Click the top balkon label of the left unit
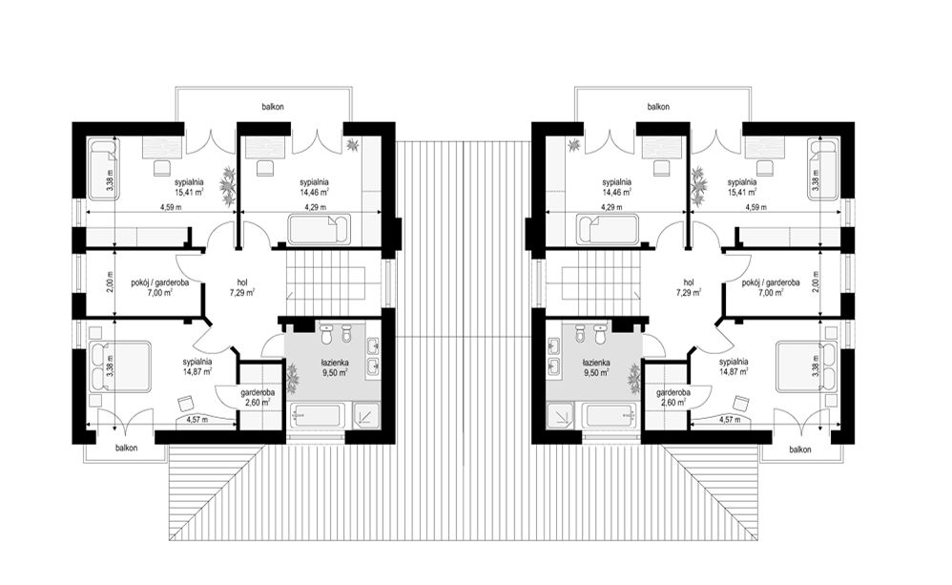tap(273, 106)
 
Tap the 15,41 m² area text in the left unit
tap(189, 192)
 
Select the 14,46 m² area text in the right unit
tap(616, 192)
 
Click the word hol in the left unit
tap(242, 282)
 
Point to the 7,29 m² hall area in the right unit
tap(688, 292)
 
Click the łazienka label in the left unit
tap(335, 363)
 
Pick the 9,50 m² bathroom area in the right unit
tap(595, 373)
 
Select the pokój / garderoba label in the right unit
tap(771, 282)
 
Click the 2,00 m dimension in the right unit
tap(817, 282)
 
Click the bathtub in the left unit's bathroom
tap(316, 416)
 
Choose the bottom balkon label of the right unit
tap(800, 449)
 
